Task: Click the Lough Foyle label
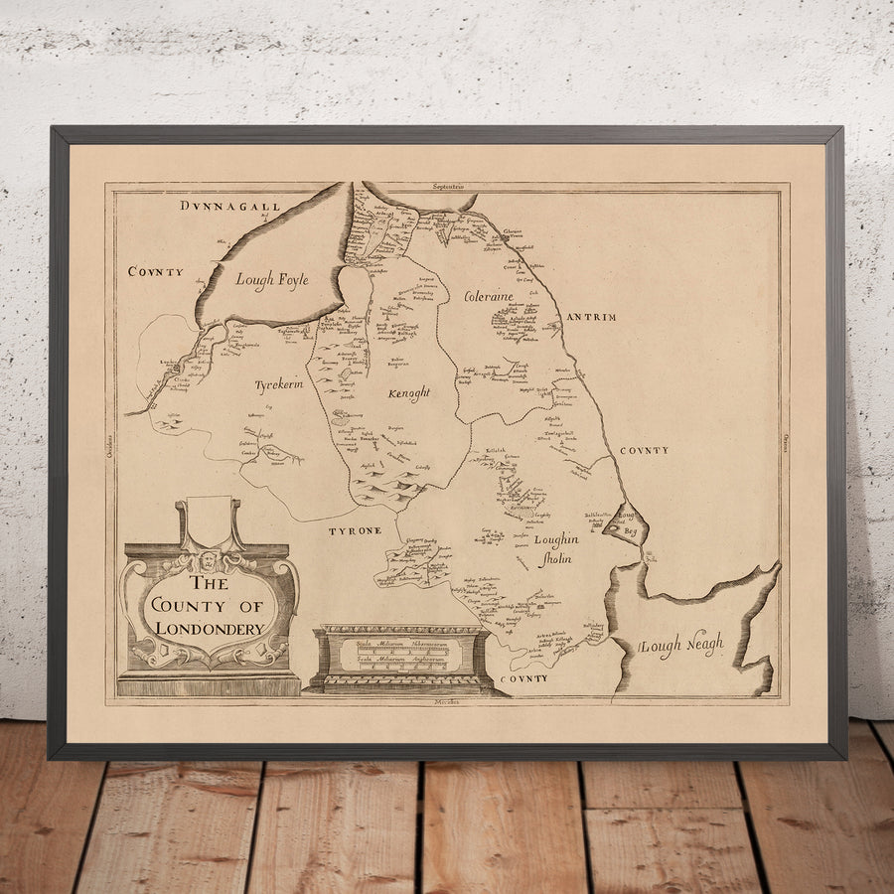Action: coord(271,281)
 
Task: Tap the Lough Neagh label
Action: coord(682,646)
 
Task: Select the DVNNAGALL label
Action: coord(230,206)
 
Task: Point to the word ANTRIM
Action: coord(591,318)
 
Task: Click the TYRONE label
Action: coord(355,531)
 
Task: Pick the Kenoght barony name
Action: coord(408,394)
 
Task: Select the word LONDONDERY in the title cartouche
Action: coord(208,629)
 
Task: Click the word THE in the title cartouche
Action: coord(209,584)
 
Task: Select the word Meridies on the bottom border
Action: coord(448,702)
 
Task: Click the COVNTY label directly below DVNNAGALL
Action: coord(155,271)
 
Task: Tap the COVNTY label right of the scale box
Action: coord(523,678)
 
